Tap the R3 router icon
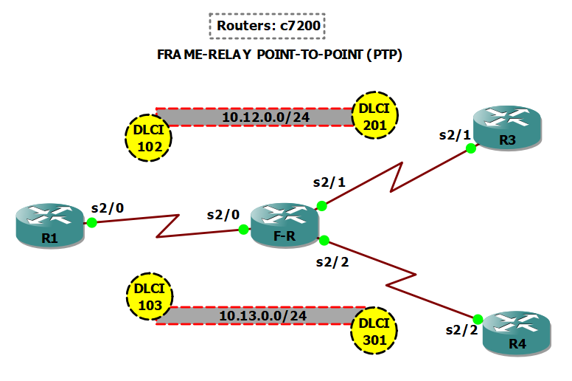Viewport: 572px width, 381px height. (x=507, y=126)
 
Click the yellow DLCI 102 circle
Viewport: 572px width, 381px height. (x=148, y=137)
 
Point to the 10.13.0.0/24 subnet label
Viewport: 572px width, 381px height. (x=262, y=315)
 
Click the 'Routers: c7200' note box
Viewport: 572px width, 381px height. (x=268, y=26)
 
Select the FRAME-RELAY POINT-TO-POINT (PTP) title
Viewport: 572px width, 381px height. (x=280, y=55)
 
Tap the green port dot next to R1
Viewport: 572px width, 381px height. (x=92, y=222)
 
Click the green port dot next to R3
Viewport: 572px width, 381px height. (x=469, y=148)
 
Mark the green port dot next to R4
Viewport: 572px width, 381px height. (x=478, y=319)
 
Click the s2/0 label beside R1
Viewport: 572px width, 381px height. (x=107, y=207)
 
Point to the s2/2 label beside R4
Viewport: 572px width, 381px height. (x=462, y=330)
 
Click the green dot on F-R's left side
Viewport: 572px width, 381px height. (x=243, y=230)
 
